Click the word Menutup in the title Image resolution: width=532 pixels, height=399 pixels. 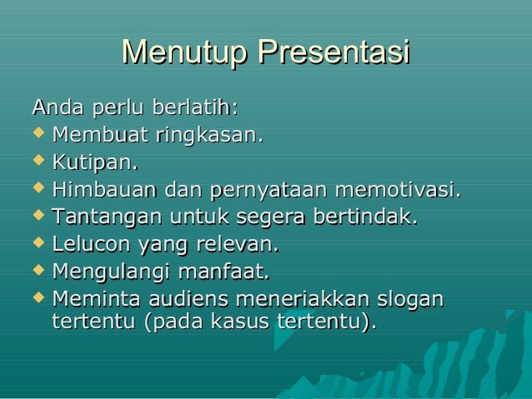[184, 52]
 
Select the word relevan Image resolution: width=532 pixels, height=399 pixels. [242, 245]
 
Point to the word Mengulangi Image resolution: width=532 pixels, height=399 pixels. [111, 272]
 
